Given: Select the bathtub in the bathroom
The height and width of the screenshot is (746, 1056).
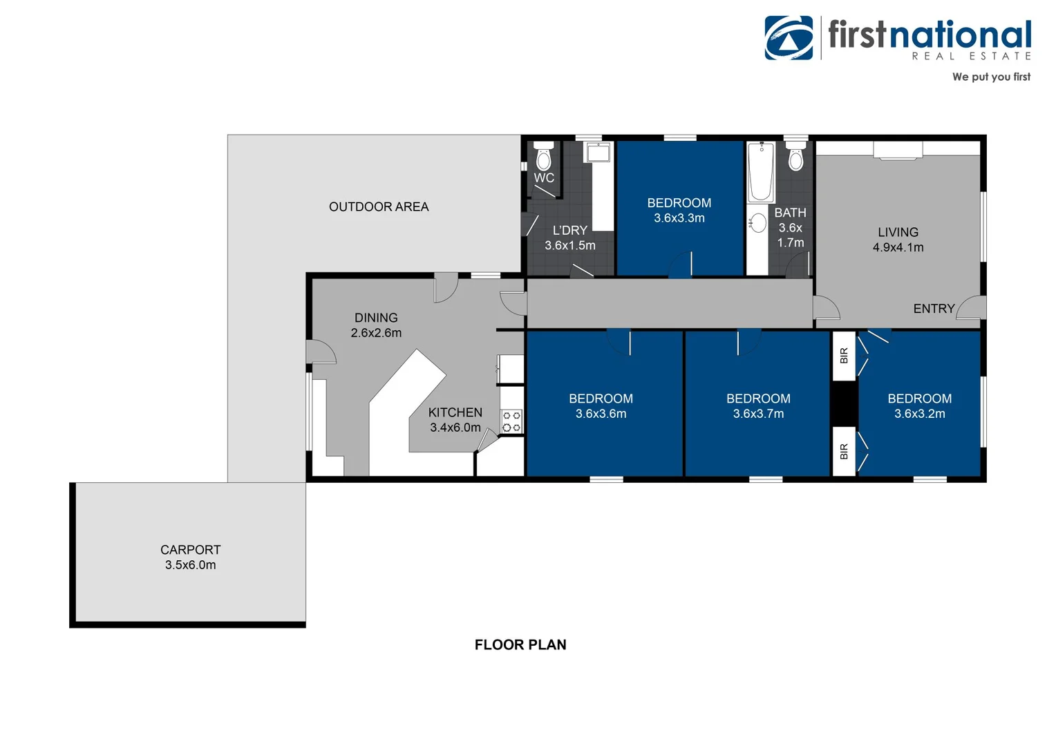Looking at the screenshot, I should pyautogui.click(x=761, y=171).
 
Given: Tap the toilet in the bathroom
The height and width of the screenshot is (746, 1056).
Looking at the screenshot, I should pyautogui.click(x=796, y=157).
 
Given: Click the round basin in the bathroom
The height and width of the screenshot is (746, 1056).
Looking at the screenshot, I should pyautogui.click(x=758, y=223).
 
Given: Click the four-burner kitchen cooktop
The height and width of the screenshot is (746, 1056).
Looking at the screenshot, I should pyautogui.click(x=511, y=421).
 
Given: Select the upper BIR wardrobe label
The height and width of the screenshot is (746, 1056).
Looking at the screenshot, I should pyautogui.click(x=844, y=356).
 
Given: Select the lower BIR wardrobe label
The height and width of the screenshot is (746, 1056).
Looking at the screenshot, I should pyautogui.click(x=844, y=452).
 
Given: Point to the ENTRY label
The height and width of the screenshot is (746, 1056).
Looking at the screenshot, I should pyautogui.click(x=934, y=309).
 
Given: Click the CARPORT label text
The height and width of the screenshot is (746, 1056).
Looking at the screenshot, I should pyautogui.click(x=190, y=550).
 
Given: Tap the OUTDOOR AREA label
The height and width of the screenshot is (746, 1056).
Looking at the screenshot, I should pyautogui.click(x=379, y=207).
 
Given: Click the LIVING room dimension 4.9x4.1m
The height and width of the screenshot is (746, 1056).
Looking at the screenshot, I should pyautogui.click(x=898, y=247).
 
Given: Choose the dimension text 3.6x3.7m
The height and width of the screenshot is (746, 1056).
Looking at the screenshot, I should pyautogui.click(x=758, y=414).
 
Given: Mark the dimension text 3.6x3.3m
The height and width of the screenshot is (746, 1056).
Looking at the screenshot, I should pyautogui.click(x=679, y=218).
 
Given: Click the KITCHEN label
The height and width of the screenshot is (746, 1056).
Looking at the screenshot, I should pyautogui.click(x=455, y=412).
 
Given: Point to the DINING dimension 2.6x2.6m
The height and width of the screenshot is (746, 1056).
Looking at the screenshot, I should pyautogui.click(x=376, y=333).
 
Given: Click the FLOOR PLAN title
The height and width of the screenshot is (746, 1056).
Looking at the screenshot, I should pyautogui.click(x=520, y=644).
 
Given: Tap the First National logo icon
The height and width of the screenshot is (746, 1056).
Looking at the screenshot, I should pyautogui.click(x=789, y=38).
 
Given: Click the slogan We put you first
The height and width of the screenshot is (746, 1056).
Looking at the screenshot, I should pyautogui.click(x=991, y=77).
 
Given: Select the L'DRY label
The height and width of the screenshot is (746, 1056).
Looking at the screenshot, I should pyautogui.click(x=569, y=230).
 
